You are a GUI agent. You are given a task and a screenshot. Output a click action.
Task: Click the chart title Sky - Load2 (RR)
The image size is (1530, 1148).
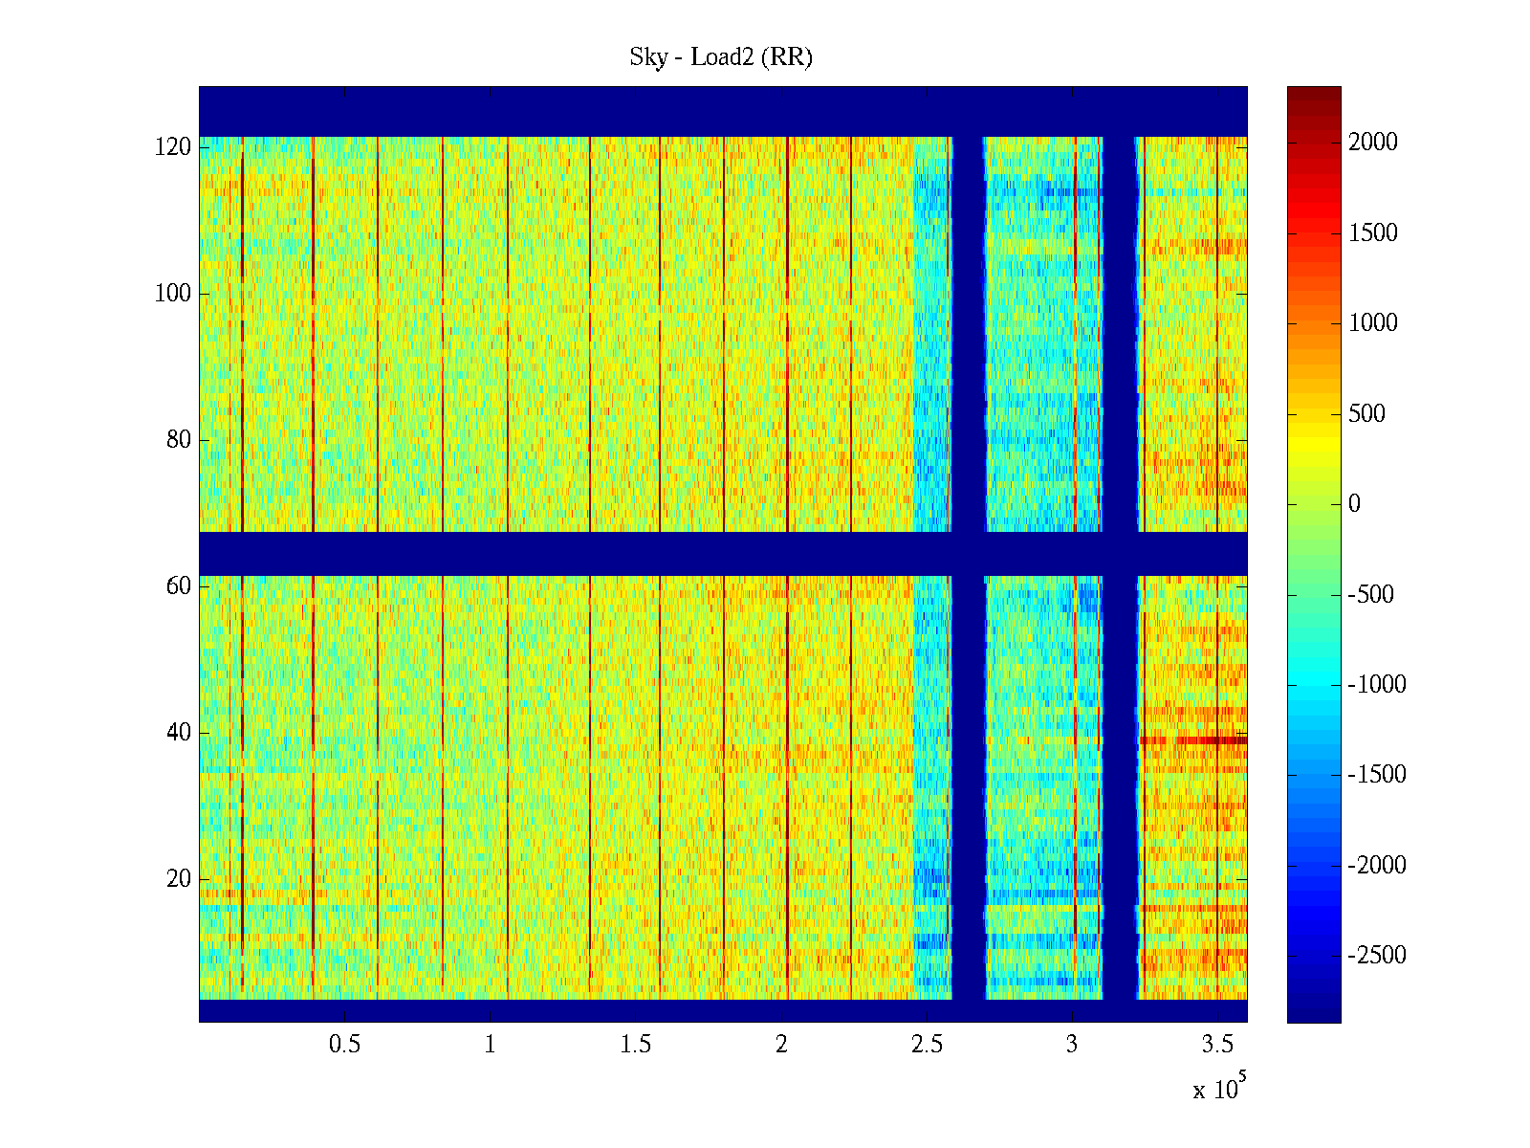(x=721, y=57)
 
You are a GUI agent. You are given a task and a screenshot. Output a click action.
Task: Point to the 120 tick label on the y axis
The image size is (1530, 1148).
(x=173, y=147)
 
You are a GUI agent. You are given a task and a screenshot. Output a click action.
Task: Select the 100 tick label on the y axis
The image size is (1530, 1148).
(x=173, y=294)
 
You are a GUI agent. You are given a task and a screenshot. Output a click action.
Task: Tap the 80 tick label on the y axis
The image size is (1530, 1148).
(x=179, y=440)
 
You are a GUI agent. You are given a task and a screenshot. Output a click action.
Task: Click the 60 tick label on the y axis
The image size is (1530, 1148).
(x=179, y=586)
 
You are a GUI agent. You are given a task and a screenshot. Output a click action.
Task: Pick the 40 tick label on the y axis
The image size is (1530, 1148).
(x=179, y=733)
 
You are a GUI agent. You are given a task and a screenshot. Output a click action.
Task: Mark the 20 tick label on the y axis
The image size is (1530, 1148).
(x=179, y=879)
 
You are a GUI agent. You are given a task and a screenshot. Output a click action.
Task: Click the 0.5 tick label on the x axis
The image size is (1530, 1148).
(x=344, y=1045)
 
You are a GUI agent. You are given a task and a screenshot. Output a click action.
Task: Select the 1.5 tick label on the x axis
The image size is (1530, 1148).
(x=635, y=1045)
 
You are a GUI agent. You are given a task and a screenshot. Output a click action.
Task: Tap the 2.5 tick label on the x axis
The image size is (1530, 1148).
(x=927, y=1045)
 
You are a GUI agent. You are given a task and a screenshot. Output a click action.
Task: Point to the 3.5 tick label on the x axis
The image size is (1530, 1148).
(x=1217, y=1045)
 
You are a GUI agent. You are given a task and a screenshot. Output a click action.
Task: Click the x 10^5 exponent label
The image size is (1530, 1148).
(x=1219, y=1088)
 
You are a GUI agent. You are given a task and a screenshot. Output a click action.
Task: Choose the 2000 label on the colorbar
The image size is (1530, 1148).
(x=1373, y=143)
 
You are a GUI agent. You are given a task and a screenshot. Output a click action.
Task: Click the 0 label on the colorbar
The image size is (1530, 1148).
(x=1354, y=504)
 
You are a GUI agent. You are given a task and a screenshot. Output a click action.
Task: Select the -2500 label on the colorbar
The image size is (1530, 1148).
(x=1377, y=956)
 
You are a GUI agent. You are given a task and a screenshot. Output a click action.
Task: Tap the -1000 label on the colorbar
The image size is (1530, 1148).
(x=1377, y=685)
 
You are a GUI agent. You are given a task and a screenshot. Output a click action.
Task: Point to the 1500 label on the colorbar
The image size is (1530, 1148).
(x=1373, y=233)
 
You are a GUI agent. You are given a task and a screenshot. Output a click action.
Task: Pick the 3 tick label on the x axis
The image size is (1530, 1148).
(x=1072, y=1045)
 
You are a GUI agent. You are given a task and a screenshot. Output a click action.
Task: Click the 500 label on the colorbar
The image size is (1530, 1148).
(x=1366, y=414)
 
